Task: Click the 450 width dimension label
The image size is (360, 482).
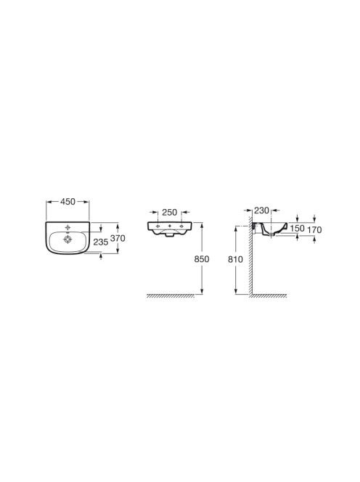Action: [x=67, y=202]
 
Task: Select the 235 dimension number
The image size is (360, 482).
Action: [x=101, y=242]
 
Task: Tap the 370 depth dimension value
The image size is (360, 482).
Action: [x=118, y=238]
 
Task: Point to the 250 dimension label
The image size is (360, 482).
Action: [x=169, y=212]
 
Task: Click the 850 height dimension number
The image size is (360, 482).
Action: [x=202, y=259]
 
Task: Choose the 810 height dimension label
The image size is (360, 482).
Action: [x=235, y=259]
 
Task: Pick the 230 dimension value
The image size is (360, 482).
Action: [x=261, y=211]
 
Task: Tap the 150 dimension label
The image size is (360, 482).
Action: [x=297, y=229]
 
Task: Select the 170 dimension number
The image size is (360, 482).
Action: [x=314, y=229]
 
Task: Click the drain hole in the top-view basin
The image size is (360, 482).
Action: [x=67, y=240]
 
